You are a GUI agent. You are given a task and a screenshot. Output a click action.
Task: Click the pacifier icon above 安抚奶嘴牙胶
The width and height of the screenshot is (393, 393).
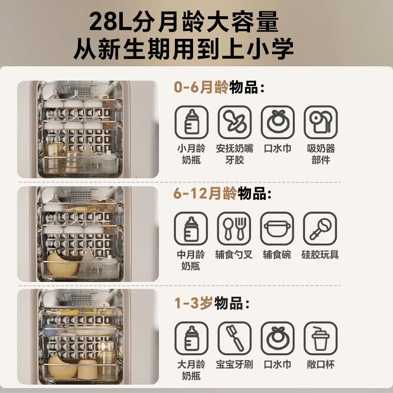[234, 122]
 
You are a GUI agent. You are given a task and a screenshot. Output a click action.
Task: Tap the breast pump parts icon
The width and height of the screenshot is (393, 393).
[321, 122]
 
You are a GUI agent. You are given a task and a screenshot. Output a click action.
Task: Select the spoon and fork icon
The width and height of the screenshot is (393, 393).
[234, 228]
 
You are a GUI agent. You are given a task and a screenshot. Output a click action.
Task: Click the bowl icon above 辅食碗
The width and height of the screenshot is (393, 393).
[277, 228]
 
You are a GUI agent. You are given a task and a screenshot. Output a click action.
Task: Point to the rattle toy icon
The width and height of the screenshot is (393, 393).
[320, 228]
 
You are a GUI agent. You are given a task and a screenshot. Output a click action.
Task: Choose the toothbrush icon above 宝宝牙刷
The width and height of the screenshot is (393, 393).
[234, 338]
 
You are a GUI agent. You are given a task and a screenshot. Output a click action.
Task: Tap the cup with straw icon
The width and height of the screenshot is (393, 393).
[321, 338]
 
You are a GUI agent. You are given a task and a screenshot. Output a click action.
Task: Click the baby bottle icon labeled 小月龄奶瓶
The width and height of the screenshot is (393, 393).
[192, 122]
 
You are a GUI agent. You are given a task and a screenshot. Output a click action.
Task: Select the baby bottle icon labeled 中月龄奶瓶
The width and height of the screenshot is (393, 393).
[191, 228]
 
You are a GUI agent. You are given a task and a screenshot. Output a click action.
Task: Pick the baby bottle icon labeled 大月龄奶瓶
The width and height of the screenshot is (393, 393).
[192, 338]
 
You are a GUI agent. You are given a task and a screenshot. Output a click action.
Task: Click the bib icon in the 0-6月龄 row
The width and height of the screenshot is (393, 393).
[278, 122]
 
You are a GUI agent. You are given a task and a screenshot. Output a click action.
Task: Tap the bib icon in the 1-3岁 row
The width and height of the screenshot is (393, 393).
[278, 338]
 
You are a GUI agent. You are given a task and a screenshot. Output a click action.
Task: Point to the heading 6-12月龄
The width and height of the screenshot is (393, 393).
[205, 194]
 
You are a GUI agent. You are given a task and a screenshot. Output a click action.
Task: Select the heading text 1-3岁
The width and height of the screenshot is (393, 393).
[194, 303]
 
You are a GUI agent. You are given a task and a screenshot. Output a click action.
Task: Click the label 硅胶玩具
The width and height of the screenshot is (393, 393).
[320, 254]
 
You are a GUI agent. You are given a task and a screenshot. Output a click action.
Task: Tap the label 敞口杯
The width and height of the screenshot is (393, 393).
[321, 365]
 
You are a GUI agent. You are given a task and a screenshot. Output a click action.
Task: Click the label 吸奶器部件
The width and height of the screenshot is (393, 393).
[321, 154]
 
